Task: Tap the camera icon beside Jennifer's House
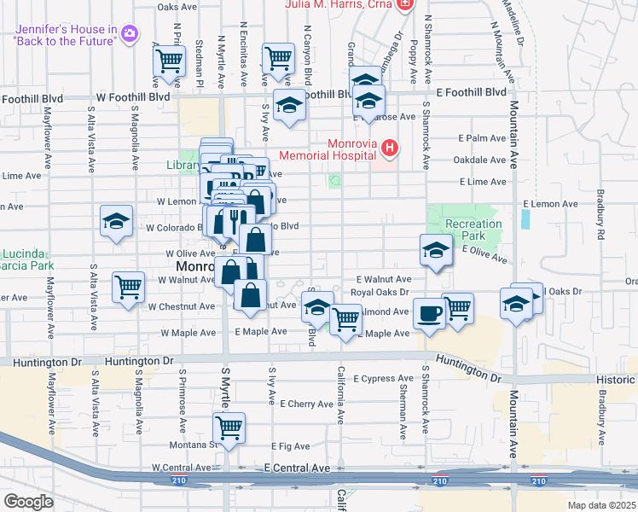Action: (130, 34)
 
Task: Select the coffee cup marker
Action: (428, 312)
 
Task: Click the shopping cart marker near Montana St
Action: (229, 428)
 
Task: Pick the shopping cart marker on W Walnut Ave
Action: (128, 288)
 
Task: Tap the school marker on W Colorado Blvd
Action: (116, 221)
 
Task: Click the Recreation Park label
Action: (473, 230)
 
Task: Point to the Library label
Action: (182, 165)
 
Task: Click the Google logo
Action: (28, 502)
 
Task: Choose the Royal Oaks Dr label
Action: (382, 292)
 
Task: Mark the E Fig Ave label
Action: (289, 445)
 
